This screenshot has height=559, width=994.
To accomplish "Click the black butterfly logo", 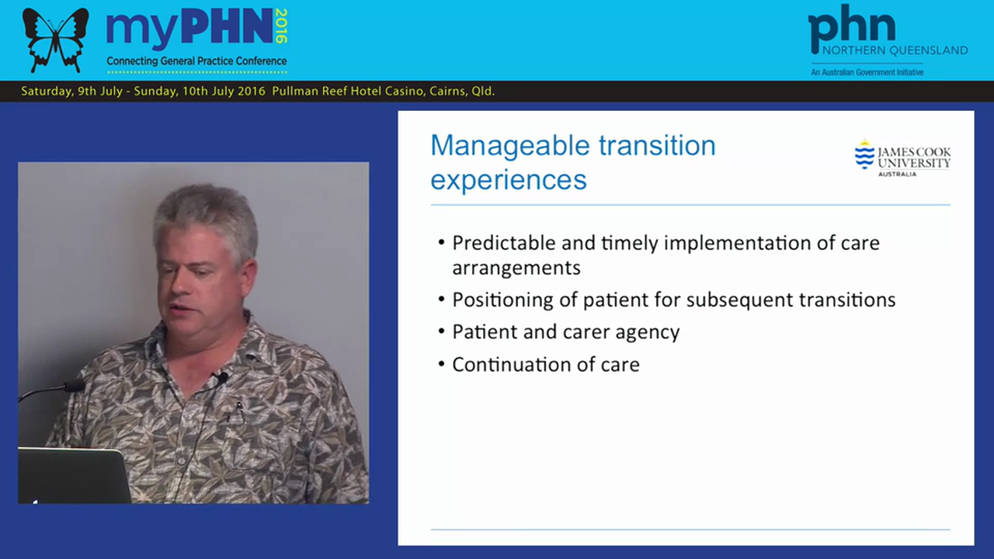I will tap(55, 39).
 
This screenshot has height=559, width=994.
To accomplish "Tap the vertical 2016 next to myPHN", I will tap(280, 26).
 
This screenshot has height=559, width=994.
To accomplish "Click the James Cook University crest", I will tap(864, 155).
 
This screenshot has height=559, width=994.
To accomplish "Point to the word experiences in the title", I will tap(508, 180).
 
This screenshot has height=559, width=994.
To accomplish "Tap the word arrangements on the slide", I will tap(516, 268).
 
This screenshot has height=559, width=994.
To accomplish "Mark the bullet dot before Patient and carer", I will tap(442, 332).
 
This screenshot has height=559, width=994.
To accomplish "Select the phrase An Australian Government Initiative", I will tap(867, 72).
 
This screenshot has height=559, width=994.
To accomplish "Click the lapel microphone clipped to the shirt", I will tap(222, 378).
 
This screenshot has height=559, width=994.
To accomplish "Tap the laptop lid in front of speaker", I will tap(74, 475).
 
